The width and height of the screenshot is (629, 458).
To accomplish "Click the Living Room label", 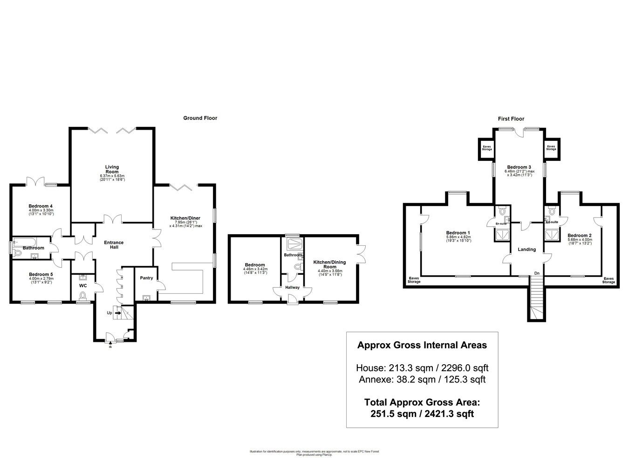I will tap(112, 169).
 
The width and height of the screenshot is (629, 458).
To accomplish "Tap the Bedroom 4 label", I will tap(41, 206).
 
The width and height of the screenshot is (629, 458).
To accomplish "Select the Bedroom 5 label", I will tap(41, 274).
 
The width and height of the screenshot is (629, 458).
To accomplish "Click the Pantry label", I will tap(146, 278).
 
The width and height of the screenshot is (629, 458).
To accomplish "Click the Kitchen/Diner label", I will tap(185, 218).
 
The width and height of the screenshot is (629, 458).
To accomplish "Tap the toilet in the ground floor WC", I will tap(83, 295).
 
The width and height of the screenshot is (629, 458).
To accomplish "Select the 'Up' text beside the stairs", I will tap(109, 313).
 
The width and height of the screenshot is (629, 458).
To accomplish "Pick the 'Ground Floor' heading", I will tap(200, 118).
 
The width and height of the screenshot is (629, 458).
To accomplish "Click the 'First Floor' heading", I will tap(511, 119).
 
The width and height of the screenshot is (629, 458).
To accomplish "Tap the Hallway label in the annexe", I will tap(293, 287).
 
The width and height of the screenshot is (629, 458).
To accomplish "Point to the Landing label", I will tap(527, 250).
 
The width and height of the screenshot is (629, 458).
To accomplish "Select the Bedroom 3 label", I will tap(519, 167).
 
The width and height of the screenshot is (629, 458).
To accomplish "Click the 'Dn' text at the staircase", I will tap(537, 273).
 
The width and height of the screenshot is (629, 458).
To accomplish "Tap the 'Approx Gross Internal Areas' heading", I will tap(422, 346).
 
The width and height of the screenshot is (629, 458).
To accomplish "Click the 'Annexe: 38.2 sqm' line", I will tap(422, 380).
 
